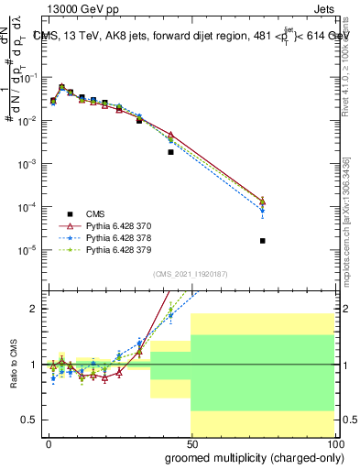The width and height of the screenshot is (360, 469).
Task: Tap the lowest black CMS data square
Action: [x=263, y=241]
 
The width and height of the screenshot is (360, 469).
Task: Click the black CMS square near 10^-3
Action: [x=170, y=152]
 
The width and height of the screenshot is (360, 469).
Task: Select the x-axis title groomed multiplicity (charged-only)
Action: [x=250, y=457]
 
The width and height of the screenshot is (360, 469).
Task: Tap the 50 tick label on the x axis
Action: [x=191, y=442]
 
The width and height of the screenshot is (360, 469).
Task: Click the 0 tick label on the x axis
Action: [x=49, y=442]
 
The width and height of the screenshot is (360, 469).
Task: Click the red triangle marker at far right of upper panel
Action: [x=263, y=201]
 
